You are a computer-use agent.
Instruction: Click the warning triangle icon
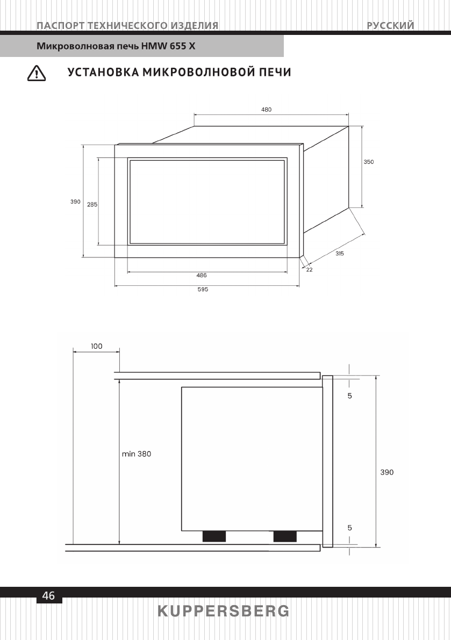click(x=37, y=73)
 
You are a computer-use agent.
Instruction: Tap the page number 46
click(x=48, y=596)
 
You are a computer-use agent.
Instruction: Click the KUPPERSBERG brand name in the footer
click(x=224, y=612)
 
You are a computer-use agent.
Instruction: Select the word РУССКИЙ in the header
click(x=390, y=25)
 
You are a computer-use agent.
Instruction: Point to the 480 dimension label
click(x=266, y=110)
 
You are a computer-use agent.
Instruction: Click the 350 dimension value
click(x=369, y=162)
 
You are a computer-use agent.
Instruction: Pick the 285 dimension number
click(x=92, y=205)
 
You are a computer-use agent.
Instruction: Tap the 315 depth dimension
click(x=340, y=254)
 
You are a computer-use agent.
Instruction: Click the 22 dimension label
click(x=310, y=270)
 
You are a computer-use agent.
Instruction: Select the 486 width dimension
click(x=202, y=275)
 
